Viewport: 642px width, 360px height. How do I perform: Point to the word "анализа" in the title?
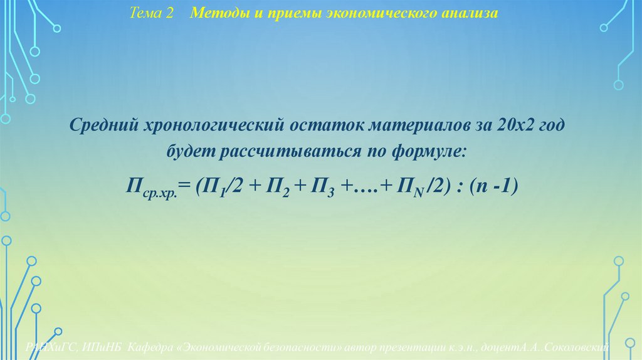click(468, 13)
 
